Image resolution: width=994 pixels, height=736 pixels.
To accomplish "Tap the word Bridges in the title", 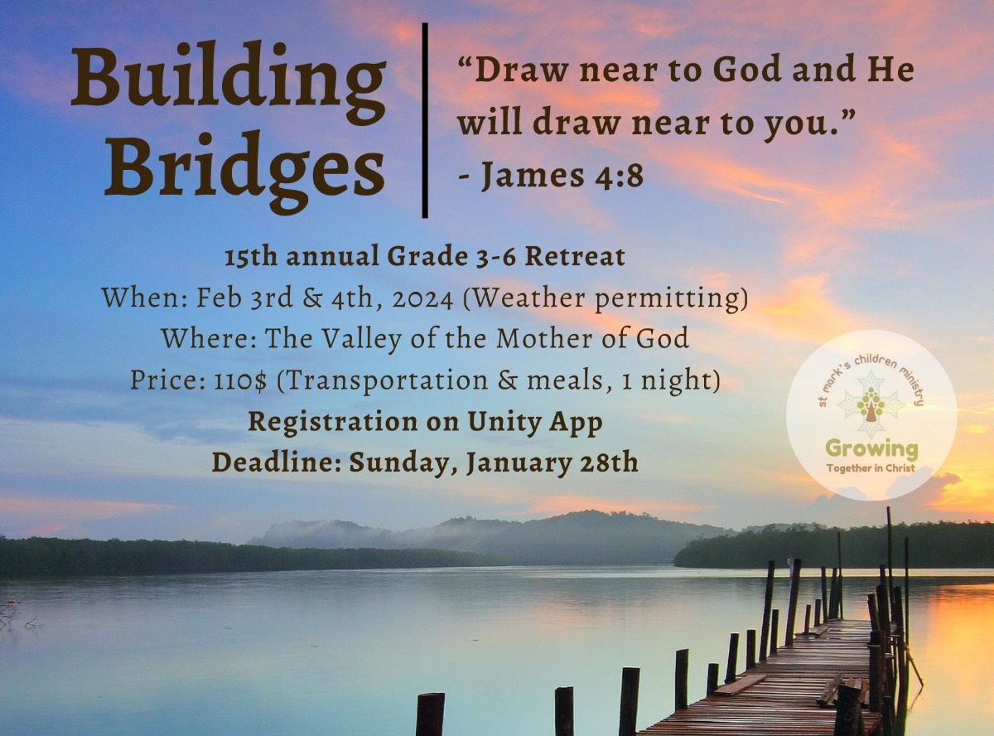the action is click(244, 172).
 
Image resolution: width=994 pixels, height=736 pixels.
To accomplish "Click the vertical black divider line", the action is click(425, 120).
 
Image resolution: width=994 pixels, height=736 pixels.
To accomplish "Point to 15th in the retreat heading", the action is click(251, 257).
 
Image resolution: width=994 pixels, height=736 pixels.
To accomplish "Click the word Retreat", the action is click(575, 257).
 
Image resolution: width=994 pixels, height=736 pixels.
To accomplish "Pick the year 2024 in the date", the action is click(422, 298).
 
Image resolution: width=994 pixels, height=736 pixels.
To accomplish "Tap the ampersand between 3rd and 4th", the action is click(312, 298).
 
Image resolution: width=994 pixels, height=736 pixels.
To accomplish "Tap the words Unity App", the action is click(535, 423).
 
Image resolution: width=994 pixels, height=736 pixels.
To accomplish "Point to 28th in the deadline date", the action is click(608, 462).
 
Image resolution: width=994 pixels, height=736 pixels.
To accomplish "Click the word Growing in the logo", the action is click(871, 449).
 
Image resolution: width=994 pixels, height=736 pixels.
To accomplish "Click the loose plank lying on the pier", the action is click(741, 685).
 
